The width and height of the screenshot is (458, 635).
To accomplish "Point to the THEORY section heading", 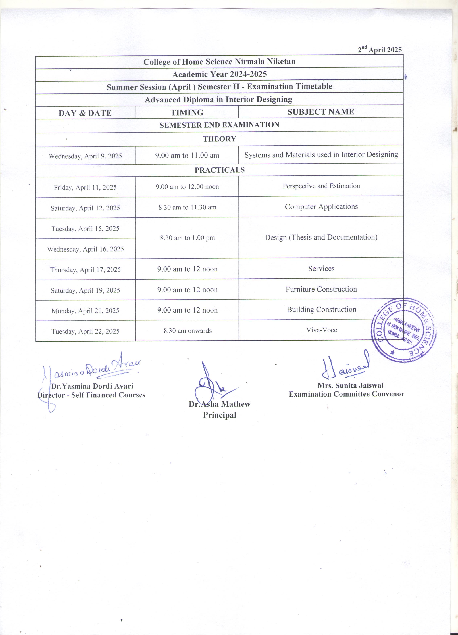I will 219,139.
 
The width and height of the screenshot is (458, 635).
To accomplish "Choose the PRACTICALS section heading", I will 220,170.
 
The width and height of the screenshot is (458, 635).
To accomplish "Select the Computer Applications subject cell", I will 321,207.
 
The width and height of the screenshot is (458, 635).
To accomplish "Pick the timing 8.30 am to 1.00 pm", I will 187,238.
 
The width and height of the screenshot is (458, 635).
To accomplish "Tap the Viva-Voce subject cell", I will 321,330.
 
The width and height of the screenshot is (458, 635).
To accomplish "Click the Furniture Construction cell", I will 321,289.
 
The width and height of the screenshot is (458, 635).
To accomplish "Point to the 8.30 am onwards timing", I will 187,331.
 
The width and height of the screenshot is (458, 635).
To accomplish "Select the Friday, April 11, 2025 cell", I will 85,187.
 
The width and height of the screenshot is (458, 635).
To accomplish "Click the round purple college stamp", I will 403,330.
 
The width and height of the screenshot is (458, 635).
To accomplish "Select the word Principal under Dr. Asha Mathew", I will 219,415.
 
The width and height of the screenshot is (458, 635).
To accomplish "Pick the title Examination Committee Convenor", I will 346,394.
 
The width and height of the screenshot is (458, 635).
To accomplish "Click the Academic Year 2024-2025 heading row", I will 219,74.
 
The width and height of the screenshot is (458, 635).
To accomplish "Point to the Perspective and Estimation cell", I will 321,186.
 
